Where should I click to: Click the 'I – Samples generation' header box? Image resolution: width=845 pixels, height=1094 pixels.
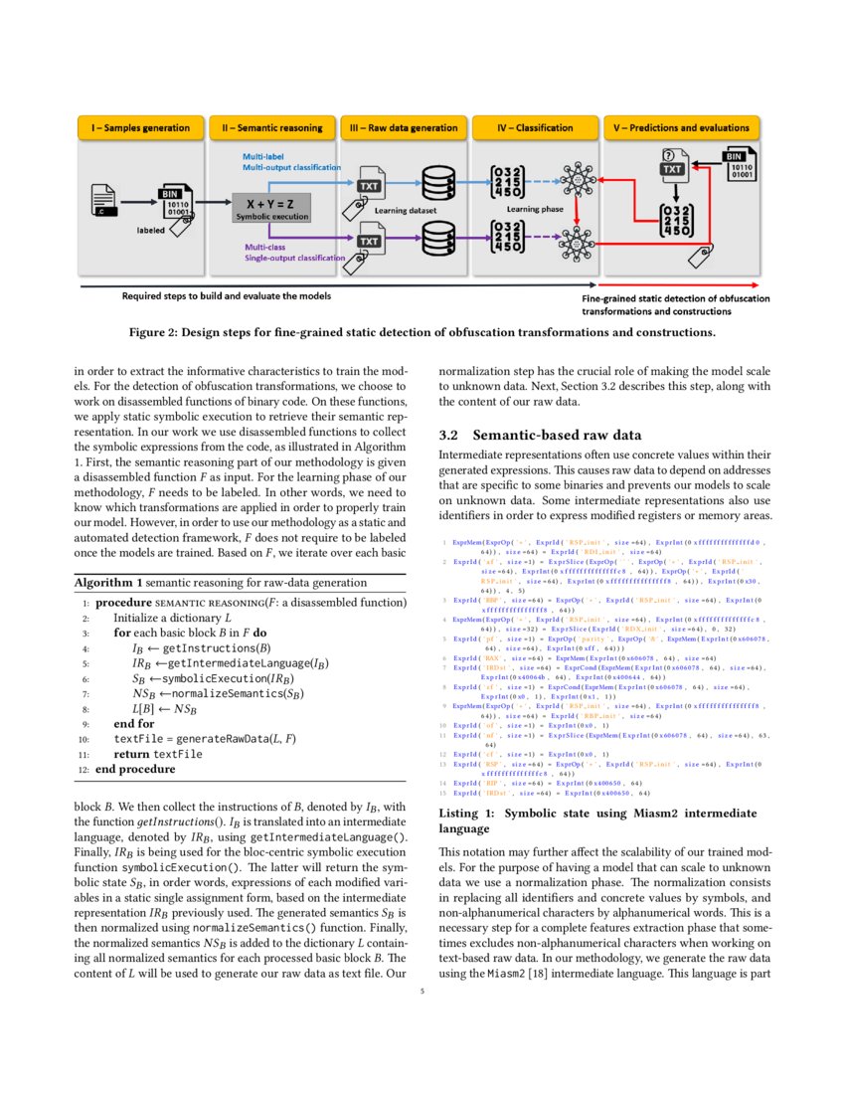pos(140,128)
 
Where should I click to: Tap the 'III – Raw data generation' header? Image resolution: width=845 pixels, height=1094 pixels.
pos(404,128)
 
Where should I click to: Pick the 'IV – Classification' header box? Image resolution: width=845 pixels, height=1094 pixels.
pos(536,128)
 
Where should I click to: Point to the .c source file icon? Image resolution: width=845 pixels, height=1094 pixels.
pos(104,199)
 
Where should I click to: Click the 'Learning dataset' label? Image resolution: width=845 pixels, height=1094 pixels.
pos(402,211)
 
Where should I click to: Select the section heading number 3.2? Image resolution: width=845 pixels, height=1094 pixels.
pos(451,436)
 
